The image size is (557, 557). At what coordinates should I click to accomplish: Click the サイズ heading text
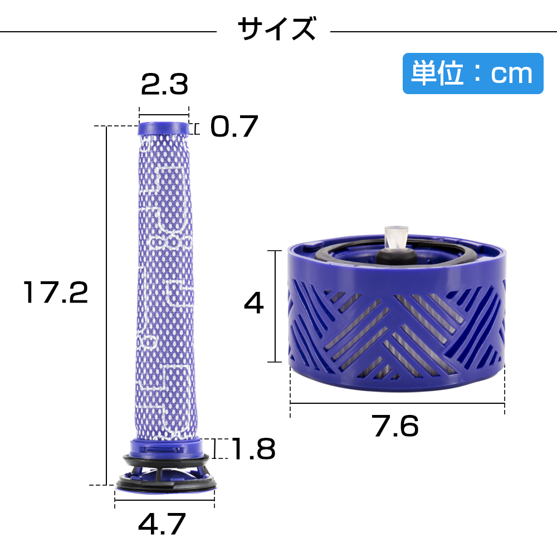[276, 28]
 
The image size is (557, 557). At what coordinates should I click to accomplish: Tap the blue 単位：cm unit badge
[473, 74]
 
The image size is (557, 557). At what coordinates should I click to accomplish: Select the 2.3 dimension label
[164, 85]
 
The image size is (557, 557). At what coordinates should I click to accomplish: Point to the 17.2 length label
[55, 292]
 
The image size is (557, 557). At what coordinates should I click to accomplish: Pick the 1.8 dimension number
[253, 448]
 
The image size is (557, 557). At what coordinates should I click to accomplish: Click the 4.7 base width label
[162, 524]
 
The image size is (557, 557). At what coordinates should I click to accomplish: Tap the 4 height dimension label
[253, 302]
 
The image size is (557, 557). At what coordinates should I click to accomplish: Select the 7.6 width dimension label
[395, 426]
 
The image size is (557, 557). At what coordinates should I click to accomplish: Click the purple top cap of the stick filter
[163, 129]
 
